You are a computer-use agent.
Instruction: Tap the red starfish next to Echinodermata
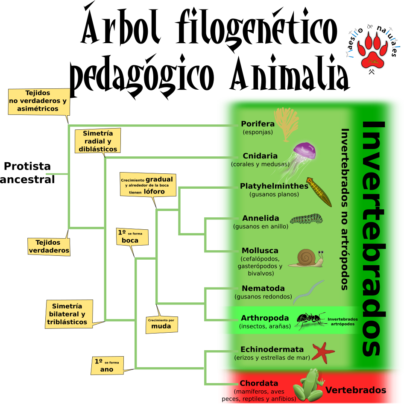pyautogui.click(x=323, y=352)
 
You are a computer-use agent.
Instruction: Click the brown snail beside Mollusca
pyautogui.click(x=306, y=258)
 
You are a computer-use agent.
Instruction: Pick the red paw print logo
pyautogui.click(x=372, y=50)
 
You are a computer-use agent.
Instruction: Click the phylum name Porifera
pyautogui.click(x=258, y=124)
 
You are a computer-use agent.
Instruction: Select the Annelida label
pyautogui.click(x=261, y=218)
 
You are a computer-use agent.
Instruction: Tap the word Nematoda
pyautogui.click(x=263, y=288)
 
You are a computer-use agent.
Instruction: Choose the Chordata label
pyautogui.click(x=259, y=384)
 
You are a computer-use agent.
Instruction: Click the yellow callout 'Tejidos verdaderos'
pyautogui.click(x=49, y=246)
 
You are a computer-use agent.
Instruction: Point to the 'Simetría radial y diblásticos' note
pyautogui.click(x=98, y=141)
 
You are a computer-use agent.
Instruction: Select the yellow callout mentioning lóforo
pyautogui.click(x=148, y=185)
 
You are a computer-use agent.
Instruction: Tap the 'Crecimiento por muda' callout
pyautogui.click(x=161, y=325)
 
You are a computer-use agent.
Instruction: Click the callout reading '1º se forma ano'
pyautogui.click(x=107, y=366)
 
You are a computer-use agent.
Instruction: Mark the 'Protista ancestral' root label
pyautogui.click(x=27, y=173)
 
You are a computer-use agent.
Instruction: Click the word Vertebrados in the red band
pyautogui.click(x=356, y=390)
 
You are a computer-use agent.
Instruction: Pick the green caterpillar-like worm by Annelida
pyautogui.click(x=306, y=219)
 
